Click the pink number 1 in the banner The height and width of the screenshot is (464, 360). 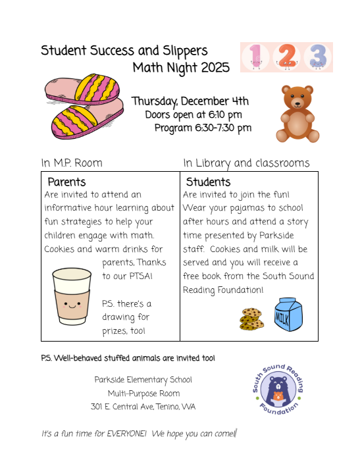tap(256, 57)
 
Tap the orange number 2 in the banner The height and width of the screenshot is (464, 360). tap(286, 57)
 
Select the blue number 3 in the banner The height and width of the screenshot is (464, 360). tap(317, 57)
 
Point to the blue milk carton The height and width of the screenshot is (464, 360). tap(288, 315)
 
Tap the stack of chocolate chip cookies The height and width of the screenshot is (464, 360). tap(251, 319)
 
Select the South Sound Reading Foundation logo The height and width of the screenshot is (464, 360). tap(276, 393)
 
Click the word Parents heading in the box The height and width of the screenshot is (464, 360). tap(66, 182)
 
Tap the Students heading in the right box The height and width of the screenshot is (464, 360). tap(208, 182)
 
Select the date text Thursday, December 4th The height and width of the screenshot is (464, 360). tap(190, 101)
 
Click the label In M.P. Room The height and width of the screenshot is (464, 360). tap(72, 163)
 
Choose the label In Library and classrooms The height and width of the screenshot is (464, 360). tap(246, 163)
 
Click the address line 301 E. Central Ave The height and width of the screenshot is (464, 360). tap(143, 407)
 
